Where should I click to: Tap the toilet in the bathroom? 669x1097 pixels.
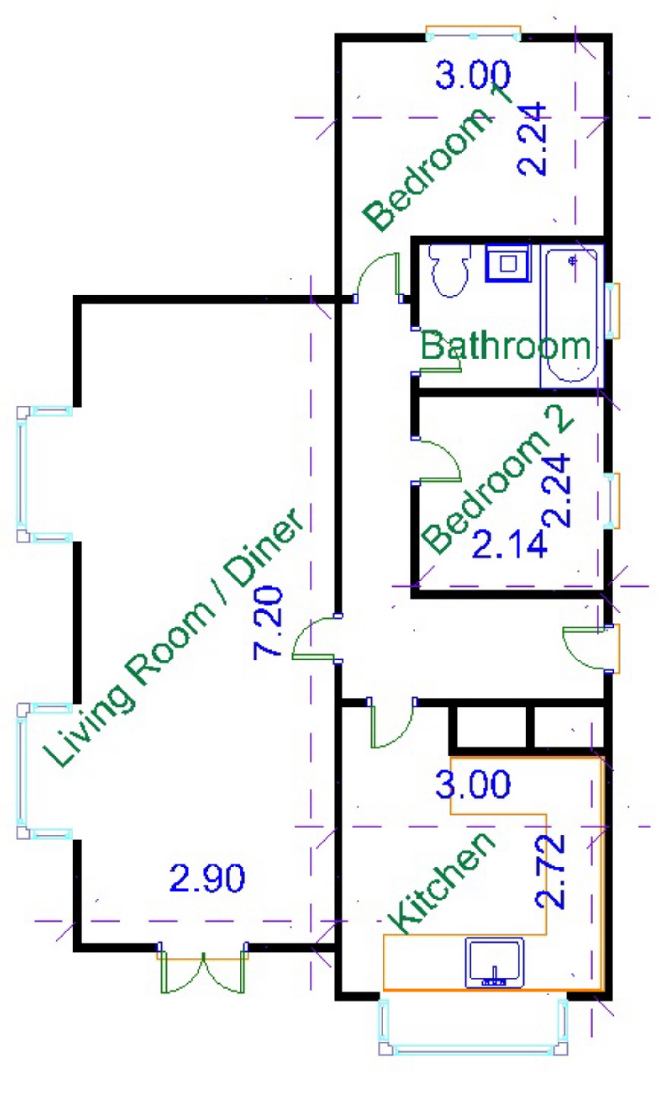pyautogui.click(x=449, y=271)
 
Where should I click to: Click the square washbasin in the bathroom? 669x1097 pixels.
pyautogui.click(x=508, y=263)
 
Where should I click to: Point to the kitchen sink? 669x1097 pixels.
pyautogui.click(x=495, y=963)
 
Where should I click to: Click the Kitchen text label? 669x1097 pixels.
pyautogui.click(x=441, y=883)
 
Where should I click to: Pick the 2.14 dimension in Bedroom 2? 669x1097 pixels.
pyautogui.click(x=509, y=544)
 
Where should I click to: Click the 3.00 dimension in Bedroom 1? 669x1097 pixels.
pyautogui.click(x=473, y=75)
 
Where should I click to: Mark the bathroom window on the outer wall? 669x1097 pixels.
pyautogui.click(x=612, y=311)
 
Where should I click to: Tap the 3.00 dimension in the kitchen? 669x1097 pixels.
pyautogui.click(x=473, y=784)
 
